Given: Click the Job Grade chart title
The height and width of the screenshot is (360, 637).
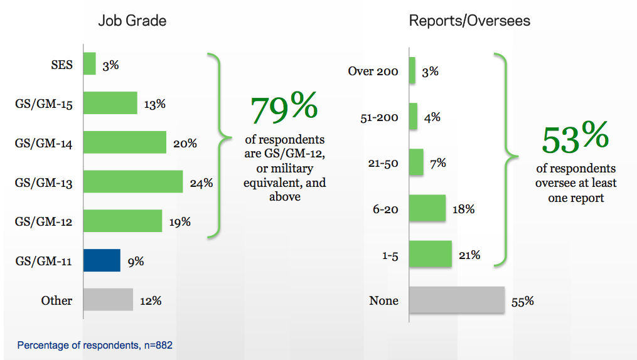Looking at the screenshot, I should [x=132, y=21].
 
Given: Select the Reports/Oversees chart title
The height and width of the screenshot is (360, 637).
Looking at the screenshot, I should [x=469, y=21].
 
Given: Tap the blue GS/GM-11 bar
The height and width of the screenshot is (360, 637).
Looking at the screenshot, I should [x=102, y=260].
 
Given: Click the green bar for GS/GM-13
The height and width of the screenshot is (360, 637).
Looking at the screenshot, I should [x=133, y=183].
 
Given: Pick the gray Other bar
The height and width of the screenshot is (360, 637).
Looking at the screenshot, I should [x=108, y=300].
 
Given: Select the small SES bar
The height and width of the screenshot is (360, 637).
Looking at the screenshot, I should [x=90, y=64].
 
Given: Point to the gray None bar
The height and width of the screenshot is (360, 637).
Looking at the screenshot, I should [x=457, y=300].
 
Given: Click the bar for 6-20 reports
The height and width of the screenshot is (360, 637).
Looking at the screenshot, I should [x=427, y=209].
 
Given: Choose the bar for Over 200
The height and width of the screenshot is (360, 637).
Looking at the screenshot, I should [x=412, y=70].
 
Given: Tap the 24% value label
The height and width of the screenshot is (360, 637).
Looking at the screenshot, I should [x=201, y=183].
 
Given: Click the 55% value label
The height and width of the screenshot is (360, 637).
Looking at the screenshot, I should [x=523, y=301].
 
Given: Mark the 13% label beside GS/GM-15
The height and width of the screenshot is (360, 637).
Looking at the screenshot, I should [x=154, y=104].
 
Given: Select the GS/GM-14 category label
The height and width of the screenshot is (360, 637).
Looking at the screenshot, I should [x=44, y=144].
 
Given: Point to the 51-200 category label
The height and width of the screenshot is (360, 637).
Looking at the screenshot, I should [x=379, y=117].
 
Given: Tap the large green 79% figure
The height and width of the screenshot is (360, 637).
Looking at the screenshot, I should [x=284, y=109].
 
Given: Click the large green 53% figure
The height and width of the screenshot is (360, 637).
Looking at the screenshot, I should [x=575, y=139].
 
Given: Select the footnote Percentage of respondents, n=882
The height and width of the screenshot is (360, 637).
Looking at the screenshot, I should [x=95, y=345].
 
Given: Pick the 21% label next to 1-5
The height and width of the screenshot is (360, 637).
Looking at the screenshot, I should [x=469, y=255].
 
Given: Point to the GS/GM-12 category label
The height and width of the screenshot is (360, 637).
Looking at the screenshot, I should [x=44, y=222].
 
